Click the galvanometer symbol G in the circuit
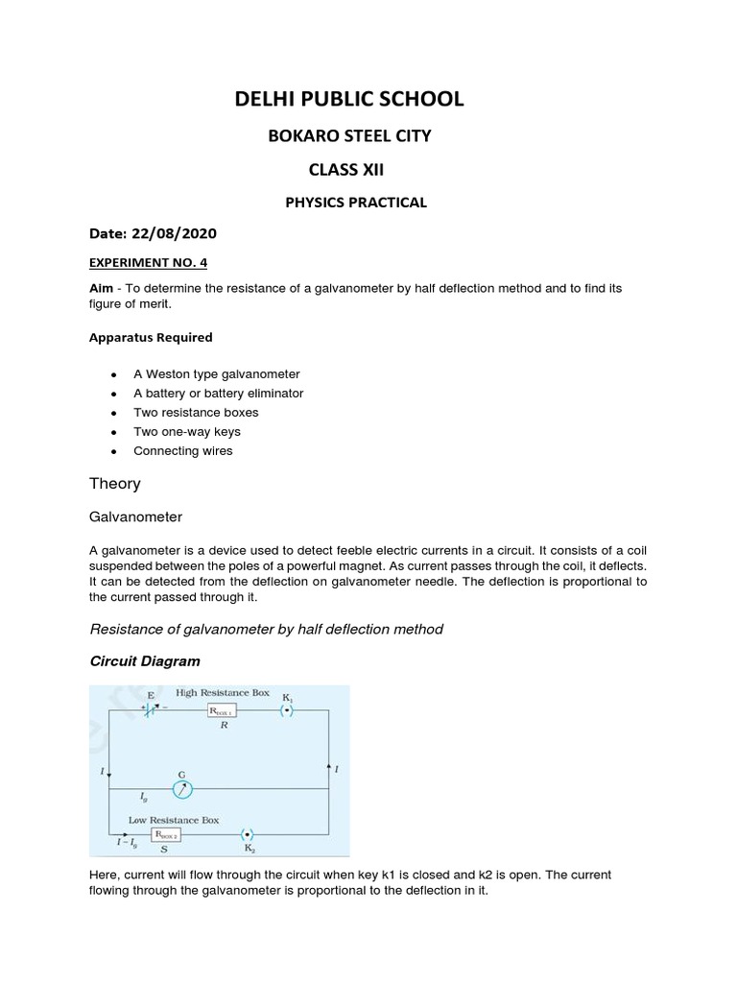(x=181, y=788)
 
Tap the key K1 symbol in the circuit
(x=286, y=710)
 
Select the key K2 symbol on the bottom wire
(x=247, y=834)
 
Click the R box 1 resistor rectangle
(x=222, y=711)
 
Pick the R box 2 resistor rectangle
(x=159, y=835)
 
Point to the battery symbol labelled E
(x=152, y=710)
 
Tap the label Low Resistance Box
(x=174, y=820)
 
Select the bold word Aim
(x=101, y=288)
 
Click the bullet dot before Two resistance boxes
(x=114, y=413)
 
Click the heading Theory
(x=114, y=484)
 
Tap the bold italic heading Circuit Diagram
(x=145, y=661)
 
